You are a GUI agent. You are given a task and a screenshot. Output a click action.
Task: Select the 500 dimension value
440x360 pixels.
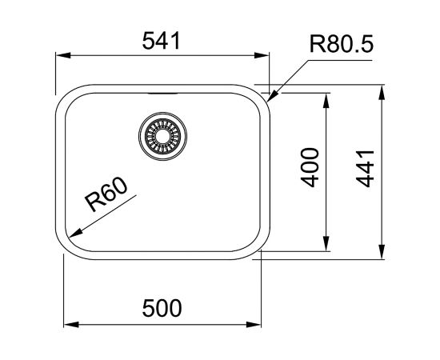(164, 306)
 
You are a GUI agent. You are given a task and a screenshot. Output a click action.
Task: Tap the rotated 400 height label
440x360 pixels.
(312, 166)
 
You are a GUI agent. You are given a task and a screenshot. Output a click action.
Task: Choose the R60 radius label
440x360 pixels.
(106, 194)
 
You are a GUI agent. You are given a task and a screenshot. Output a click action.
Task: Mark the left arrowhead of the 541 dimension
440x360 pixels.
(59, 57)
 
